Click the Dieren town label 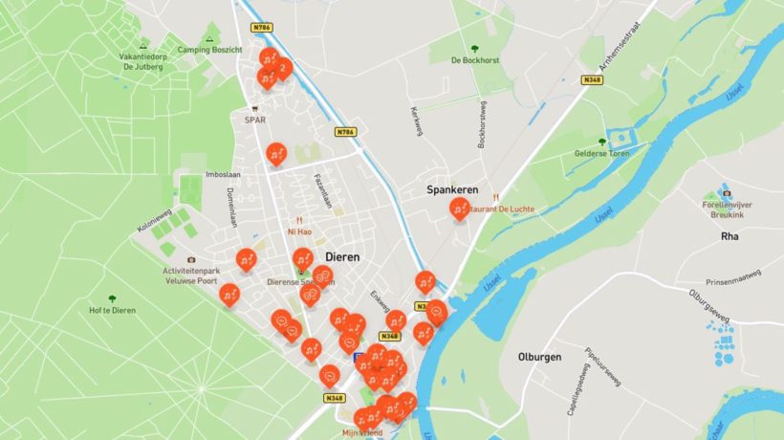tap(343, 257)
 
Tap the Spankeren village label tap(452, 190)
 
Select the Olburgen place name tap(539, 357)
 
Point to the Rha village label tap(730, 235)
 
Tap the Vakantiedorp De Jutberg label tap(142, 60)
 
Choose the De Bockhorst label tap(475, 60)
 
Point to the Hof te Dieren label tap(112, 310)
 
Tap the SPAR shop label tap(254, 121)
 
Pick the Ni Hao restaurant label tap(299, 231)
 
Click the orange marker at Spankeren tap(460, 208)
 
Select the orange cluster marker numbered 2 tap(282, 68)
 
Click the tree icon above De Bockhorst tap(475, 45)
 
